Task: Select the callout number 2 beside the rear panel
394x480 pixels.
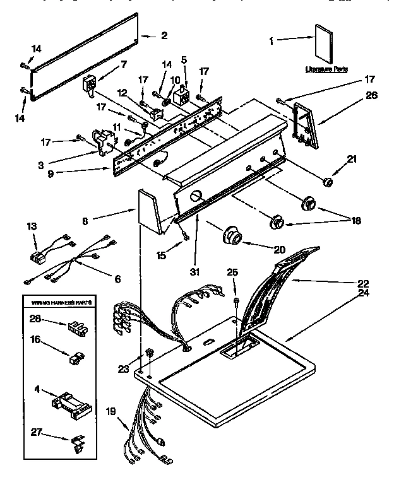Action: pyautogui.click(x=164, y=36)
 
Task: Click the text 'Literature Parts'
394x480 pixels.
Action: pyautogui.click(x=326, y=69)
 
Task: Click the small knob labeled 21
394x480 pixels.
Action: pyautogui.click(x=328, y=182)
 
